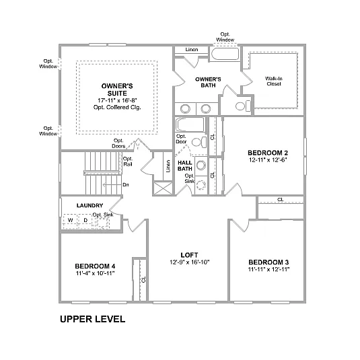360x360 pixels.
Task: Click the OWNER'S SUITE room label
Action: pyautogui.click(x=116, y=90)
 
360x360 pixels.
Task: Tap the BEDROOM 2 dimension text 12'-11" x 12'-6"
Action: pyautogui.click(x=267, y=159)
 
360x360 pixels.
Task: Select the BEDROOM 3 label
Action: pyautogui.click(x=268, y=262)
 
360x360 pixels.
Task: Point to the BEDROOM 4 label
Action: pyautogui.click(x=95, y=266)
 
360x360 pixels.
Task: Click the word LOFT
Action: pyautogui.click(x=189, y=254)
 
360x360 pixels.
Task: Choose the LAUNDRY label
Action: pyautogui.click(x=89, y=205)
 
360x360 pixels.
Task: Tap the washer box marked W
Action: pyautogui.click(x=70, y=220)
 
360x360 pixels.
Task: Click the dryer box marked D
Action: pyautogui.click(x=85, y=220)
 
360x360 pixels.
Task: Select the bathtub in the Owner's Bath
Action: pyautogui.click(x=225, y=55)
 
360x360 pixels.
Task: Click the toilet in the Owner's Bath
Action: pyautogui.click(x=240, y=106)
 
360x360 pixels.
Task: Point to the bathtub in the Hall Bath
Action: pyautogui.click(x=190, y=125)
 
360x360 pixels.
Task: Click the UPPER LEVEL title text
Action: pyautogui.click(x=92, y=319)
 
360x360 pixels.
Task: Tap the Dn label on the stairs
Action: pyautogui.click(x=126, y=184)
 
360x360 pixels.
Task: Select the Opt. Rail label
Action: pyautogui.click(x=127, y=161)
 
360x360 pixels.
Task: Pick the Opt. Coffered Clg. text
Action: pyautogui.click(x=116, y=108)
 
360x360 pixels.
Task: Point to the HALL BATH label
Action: pyautogui.click(x=185, y=166)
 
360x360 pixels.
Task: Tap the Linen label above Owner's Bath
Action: pyautogui.click(x=191, y=50)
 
